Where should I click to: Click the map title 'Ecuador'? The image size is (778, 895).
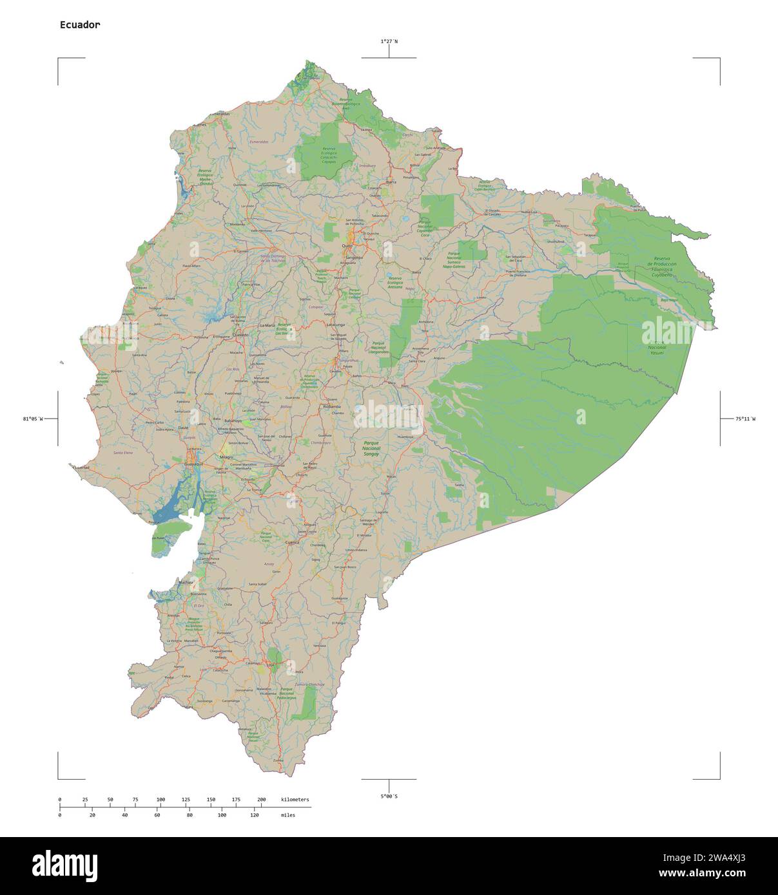click(80, 25)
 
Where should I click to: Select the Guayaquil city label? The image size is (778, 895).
click(193, 464)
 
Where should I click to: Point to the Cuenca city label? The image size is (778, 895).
click(293, 543)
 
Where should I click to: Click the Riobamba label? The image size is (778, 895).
click(331, 407)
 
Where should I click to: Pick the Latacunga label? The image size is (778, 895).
click(336, 325)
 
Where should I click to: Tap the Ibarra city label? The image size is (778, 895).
click(391, 182)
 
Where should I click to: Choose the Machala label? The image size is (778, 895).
click(186, 581)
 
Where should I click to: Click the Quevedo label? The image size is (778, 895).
click(241, 335)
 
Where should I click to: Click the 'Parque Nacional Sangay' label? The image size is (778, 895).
click(371, 449)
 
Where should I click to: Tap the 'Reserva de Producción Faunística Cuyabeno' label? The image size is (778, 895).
click(662, 264)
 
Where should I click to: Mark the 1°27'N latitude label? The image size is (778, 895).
click(389, 41)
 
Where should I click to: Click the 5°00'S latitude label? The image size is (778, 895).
click(389, 796)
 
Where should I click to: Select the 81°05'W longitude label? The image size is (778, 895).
click(33, 419)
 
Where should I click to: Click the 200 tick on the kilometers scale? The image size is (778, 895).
click(261, 799)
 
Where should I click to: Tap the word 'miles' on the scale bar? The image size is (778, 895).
click(288, 815)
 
